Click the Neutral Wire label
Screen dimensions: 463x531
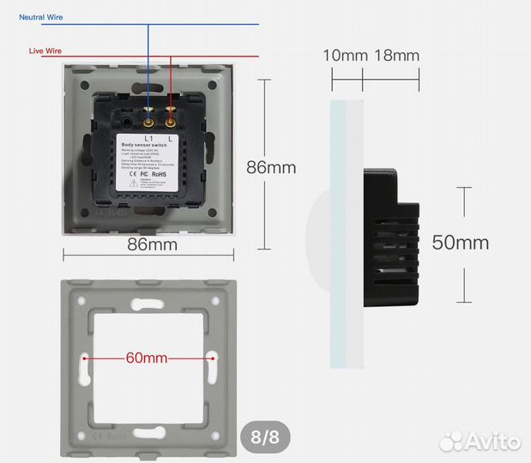(x=41, y=17)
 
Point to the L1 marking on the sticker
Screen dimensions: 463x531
(x=148, y=137)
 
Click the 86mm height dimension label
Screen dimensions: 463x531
(x=271, y=167)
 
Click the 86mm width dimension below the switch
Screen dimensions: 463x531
(x=152, y=245)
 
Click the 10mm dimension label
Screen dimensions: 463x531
(x=344, y=56)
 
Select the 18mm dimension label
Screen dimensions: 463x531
(x=396, y=56)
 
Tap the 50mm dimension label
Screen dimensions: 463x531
(x=461, y=243)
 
